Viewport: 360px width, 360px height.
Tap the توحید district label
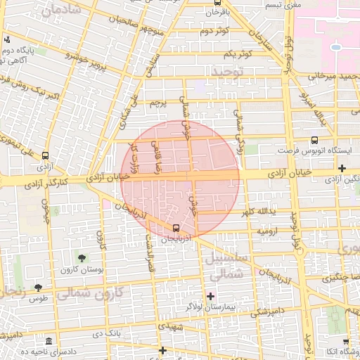[226, 72]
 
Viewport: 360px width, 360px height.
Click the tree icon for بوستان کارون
[84, 257]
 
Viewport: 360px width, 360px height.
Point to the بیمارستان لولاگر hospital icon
[210, 295]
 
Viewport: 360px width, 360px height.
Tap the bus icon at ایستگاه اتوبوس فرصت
[314, 140]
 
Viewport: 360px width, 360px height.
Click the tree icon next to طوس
[39, 288]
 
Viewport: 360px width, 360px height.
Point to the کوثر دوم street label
[214, 31]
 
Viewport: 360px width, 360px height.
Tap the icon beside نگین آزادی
[342, 169]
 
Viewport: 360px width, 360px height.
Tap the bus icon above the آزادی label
[46, 156]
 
